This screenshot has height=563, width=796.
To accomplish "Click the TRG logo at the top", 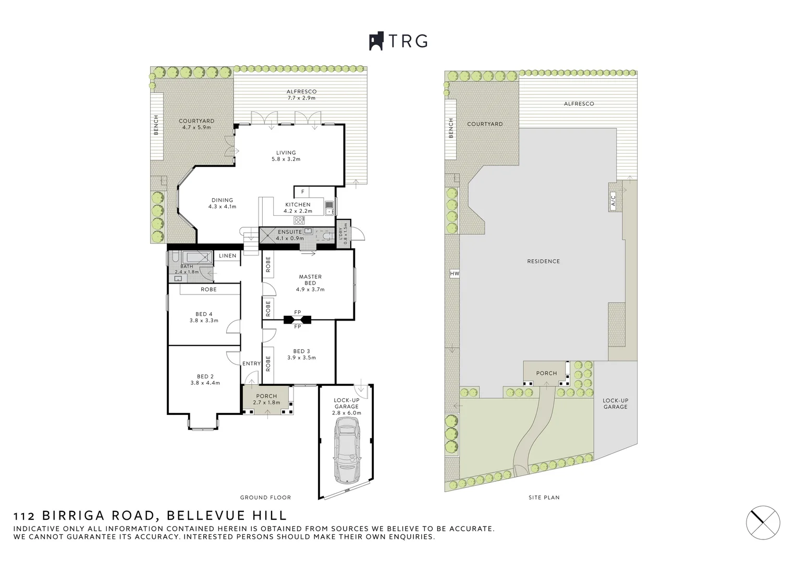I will click(398, 41).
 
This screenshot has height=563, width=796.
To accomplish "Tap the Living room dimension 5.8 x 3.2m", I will click(286, 159).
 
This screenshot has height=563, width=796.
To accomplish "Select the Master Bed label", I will click(310, 280).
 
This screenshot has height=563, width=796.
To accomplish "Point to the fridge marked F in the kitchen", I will click(302, 192).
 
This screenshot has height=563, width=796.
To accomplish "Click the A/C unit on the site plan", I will click(613, 200).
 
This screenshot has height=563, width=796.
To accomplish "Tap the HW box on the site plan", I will click(454, 274).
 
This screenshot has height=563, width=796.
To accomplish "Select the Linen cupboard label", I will click(227, 255).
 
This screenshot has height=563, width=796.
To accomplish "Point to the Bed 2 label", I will click(205, 376).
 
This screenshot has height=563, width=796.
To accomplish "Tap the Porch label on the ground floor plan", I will click(266, 396).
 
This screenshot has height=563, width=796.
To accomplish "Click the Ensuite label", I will click(290, 232).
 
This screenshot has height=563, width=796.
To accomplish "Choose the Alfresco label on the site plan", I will click(579, 104).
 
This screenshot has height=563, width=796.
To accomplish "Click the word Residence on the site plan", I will click(543, 261).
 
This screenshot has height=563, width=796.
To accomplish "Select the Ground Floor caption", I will click(265, 497).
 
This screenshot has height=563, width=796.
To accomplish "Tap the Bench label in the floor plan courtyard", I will click(156, 125).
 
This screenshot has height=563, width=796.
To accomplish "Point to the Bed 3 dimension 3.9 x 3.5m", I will click(301, 358).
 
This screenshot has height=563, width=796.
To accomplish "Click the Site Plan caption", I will click(544, 497).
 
